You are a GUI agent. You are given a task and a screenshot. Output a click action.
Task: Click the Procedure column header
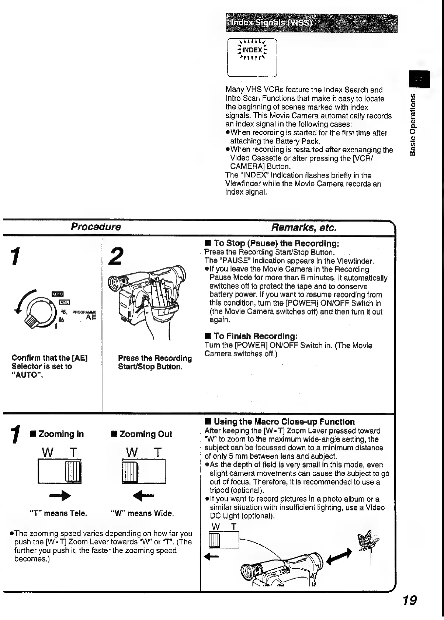96,227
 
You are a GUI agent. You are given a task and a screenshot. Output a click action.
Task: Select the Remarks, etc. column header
304,227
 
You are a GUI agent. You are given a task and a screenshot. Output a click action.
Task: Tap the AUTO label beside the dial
58,294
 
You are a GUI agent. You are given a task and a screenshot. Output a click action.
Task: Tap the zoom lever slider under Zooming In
73,471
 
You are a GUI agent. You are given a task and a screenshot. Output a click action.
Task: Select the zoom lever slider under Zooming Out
130,471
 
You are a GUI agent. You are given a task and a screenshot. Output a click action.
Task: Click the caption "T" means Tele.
58,513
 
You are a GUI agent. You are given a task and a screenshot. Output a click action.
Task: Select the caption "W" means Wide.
142,513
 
